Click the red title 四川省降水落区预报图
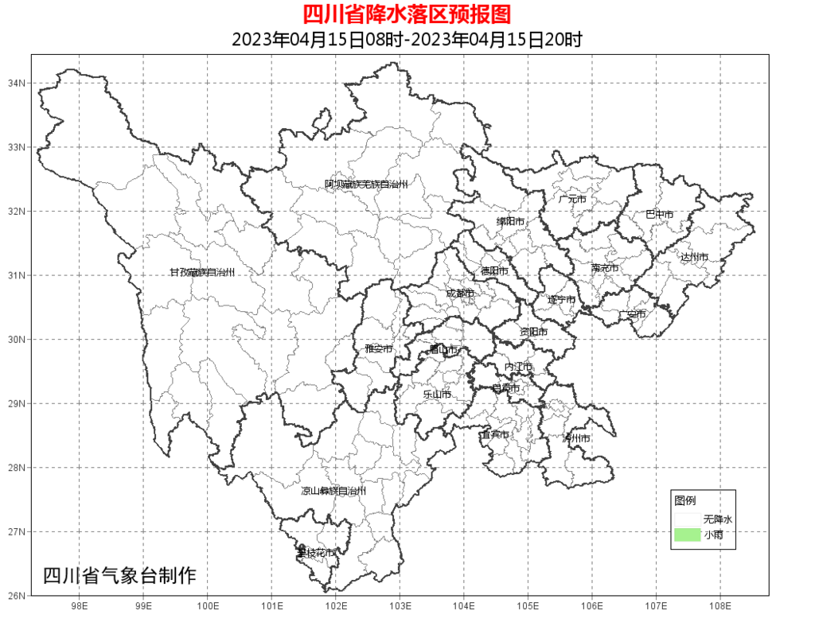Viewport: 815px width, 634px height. point(407,14)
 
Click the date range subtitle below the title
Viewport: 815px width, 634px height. point(407,39)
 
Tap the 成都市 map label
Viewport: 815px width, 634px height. point(460,294)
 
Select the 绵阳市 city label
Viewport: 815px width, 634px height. point(510,221)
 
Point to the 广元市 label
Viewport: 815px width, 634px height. point(572,199)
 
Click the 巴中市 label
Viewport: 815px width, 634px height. point(659,215)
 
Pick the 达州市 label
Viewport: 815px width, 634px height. point(694,257)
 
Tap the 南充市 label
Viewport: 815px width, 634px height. point(605,268)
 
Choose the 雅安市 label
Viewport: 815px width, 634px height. point(379,348)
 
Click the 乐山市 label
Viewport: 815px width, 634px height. point(437,394)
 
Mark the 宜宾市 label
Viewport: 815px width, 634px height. point(494,434)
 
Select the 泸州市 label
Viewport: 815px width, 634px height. point(576,438)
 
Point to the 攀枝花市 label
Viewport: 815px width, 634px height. point(315,552)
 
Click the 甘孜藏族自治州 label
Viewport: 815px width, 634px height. point(202,272)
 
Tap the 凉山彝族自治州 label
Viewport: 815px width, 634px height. point(333,491)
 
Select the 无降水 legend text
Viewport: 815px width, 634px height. point(717,519)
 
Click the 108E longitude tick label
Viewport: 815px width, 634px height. point(719,606)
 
